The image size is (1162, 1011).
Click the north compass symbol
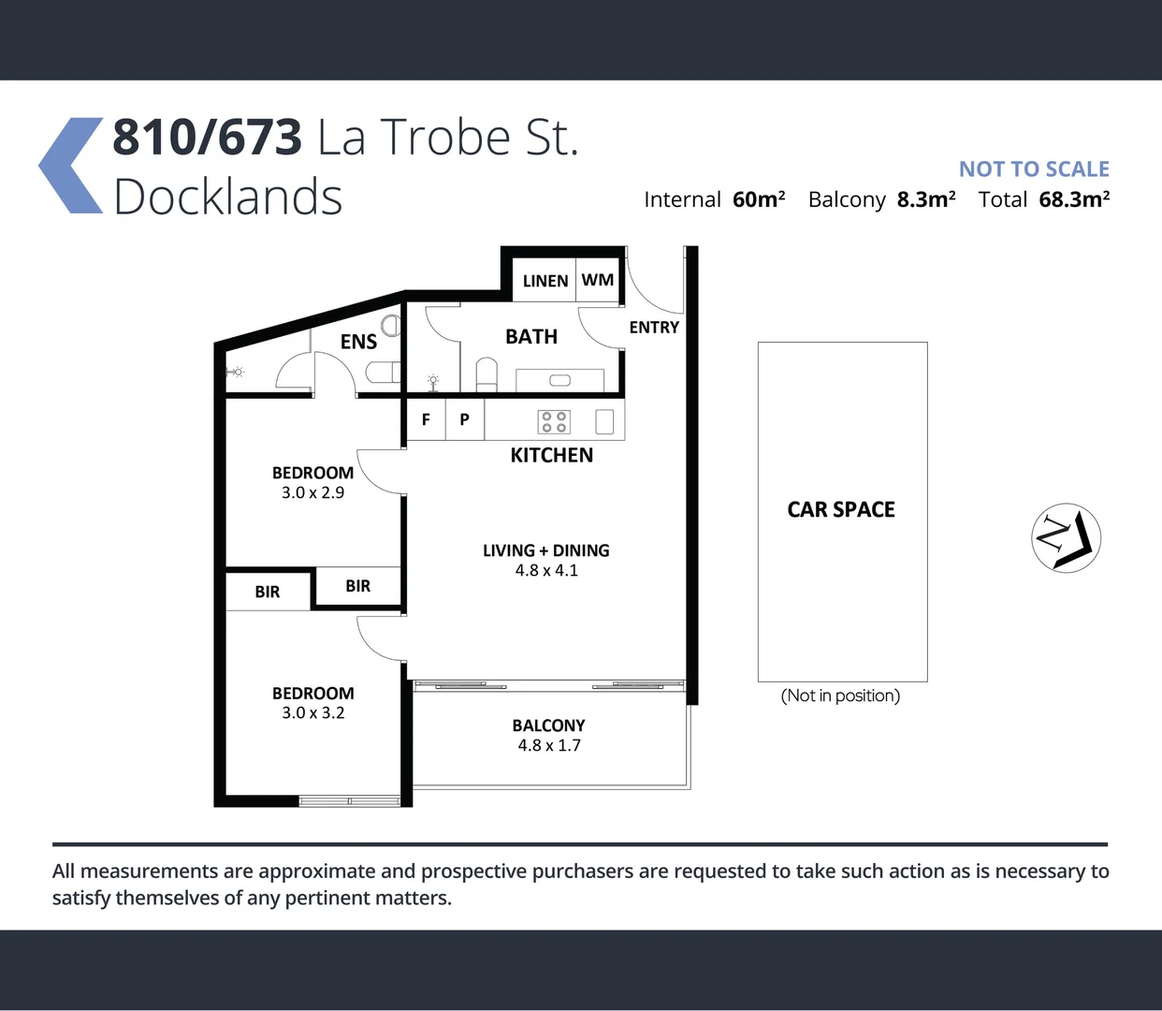(x=1066, y=538)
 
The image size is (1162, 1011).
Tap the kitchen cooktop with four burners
(x=553, y=422)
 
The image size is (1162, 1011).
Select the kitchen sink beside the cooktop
(x=604, y=422)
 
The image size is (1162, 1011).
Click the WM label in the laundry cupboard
(x=598, y=280)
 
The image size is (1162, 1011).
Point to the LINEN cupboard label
(x=545, y=281)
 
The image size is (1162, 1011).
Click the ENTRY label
(x=654, y=328)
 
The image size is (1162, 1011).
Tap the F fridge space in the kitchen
(x=426, y=420)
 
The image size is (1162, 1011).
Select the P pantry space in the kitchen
(x=464, y=420)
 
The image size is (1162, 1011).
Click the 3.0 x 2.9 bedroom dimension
(x=312, y=493)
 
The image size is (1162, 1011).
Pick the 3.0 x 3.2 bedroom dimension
(x=312, y=713)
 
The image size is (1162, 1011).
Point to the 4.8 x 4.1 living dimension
(x=546, y=571)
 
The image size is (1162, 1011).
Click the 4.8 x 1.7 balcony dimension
(x=549, y=746)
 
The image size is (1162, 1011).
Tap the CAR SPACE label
(x=841, y=510)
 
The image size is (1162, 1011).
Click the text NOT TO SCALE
(x=1034, y=169)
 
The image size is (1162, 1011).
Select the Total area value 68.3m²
(x=1074, y=199)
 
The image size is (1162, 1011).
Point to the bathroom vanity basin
(x=559, y=380)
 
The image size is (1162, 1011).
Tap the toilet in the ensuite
(x=381, y=374)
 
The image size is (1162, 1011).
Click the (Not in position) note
(x=840, y=696)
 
